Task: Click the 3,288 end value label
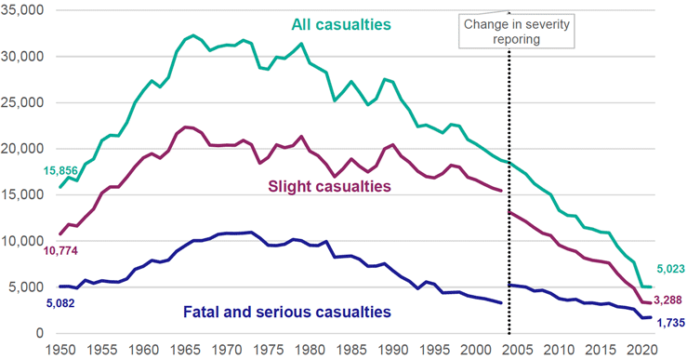click(666, 300)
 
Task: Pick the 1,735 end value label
click(666, 322)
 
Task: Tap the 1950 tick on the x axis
click(60, 350)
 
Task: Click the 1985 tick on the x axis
click(350, 350)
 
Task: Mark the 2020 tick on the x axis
click(641, 350)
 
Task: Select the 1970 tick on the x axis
click(226, 350)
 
